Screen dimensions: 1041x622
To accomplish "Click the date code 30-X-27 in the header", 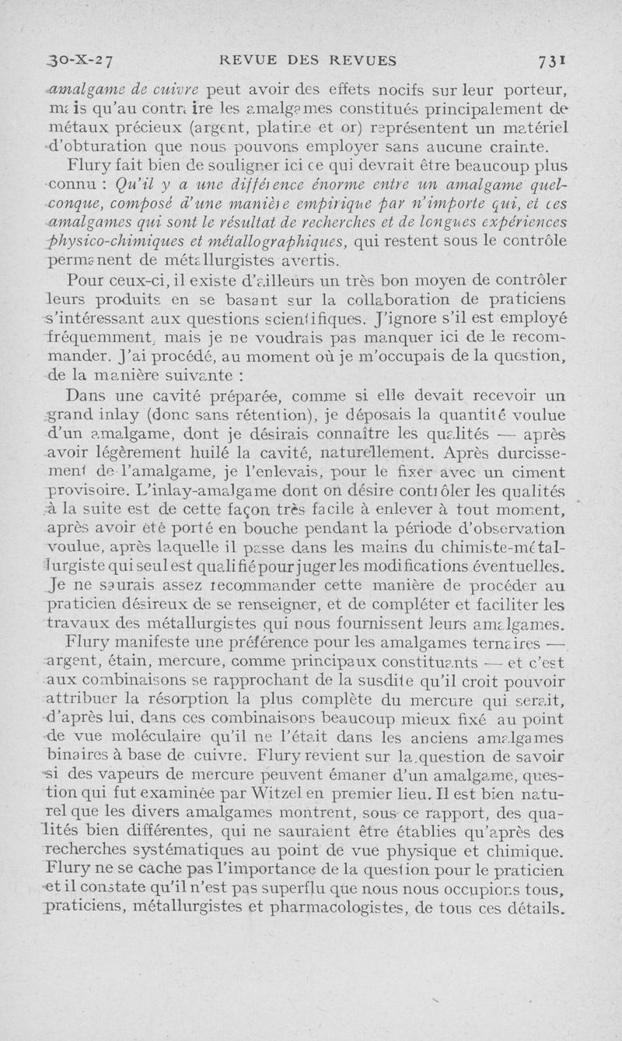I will (x=80, y=61).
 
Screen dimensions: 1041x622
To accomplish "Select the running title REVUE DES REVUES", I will (x=308, y=61).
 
